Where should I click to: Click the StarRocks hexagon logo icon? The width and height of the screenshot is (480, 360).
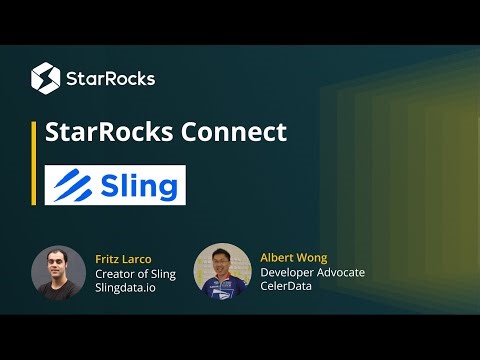tap(45, 76)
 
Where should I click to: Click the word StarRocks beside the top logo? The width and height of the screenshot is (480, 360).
tap(110, 77)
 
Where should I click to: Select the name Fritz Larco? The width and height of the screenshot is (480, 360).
tap(122, 259)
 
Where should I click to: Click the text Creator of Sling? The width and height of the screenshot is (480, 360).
tap(135, 274)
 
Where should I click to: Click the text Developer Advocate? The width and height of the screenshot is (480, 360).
tap(312, 272)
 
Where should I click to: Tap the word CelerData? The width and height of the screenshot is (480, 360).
tap(288, 287)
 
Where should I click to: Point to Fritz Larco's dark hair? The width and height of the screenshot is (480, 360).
tap(58, 251)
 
